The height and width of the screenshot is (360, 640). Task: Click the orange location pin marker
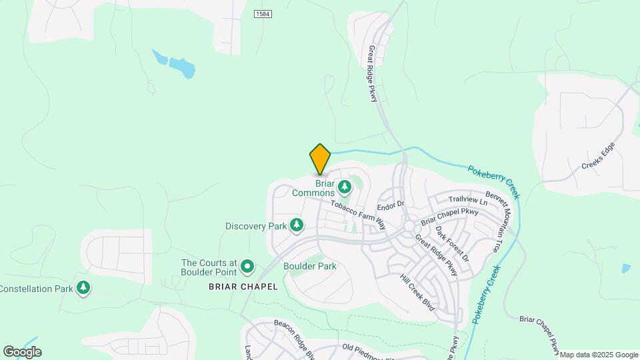click(x=320, y=159)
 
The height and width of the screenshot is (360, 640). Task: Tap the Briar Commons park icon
click(x=345, y=186)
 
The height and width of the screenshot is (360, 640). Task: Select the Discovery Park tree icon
click(x=297, y=226)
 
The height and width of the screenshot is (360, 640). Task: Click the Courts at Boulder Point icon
click(x=248, y=267)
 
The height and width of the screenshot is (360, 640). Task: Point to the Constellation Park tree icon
click(x=83, y=289)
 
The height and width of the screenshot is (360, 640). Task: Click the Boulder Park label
click(x=309, y=266)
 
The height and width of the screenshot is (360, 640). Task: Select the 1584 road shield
click(x=263, y=13)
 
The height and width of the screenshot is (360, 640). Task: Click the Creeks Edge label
click(x=598, y=155)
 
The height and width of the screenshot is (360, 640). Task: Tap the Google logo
click(x=22, y=352)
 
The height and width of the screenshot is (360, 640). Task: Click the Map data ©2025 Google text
click(x=599, y=355)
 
